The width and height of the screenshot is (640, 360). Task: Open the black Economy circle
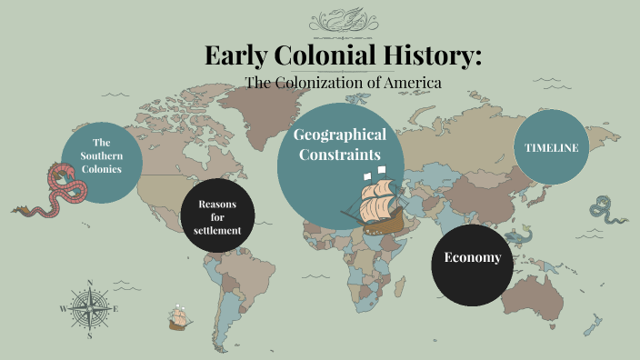pos(472,258)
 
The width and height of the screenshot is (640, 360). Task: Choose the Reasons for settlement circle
pos(217,217)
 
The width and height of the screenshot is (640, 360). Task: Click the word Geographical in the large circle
pos(340,135)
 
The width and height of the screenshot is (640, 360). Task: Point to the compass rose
pos(90,308)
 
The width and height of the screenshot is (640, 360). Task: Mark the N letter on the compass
pos(90,282)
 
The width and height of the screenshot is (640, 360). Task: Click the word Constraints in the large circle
pos(340,155)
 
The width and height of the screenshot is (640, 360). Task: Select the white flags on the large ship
pos(374,172)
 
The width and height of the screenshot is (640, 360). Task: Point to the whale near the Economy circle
pos(518,236)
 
